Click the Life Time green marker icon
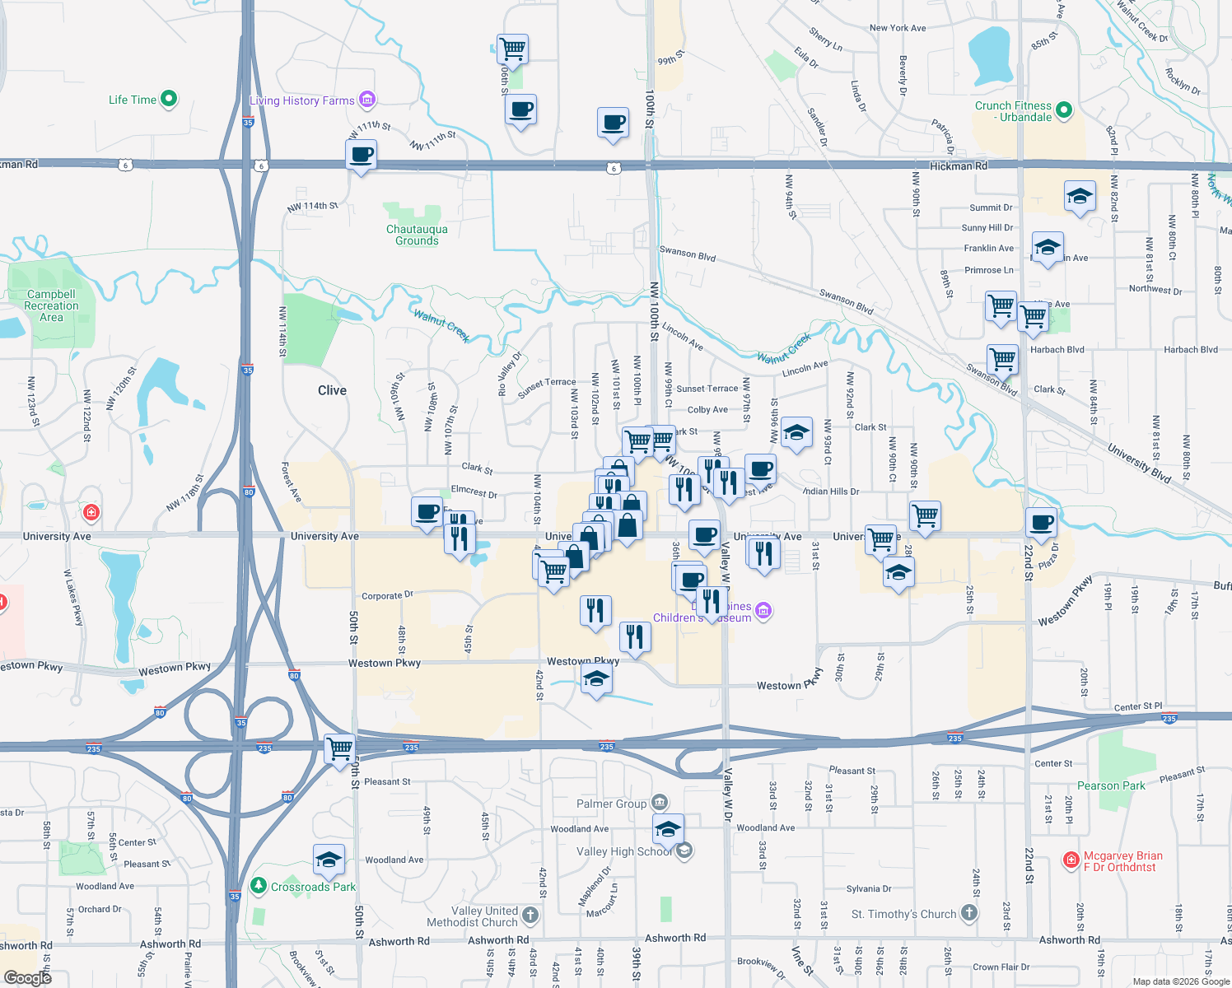tap(169, 99)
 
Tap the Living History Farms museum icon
tap(367, 100)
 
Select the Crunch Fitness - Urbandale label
tap(1013, 111)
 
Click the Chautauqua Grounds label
tap(417, 235)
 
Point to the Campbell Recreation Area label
tap(51, 305)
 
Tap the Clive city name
tap(332, 390)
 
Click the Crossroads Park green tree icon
tap(259, 886)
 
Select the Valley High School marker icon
tap(684, 851)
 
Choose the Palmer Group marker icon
tap(659, 803)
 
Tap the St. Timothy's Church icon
tap(969, 913)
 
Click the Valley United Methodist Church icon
tap(530, 915)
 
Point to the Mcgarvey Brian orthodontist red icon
tap(1071, 860)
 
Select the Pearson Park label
tap(1111, 785)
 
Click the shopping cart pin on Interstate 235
tap(339, 749)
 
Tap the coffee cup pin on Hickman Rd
tap(361, 154)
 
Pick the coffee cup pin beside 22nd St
tap(1041, 522)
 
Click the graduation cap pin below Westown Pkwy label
tap(596, 680)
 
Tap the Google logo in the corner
tap(27, 977)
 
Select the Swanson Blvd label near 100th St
tap(687, 254)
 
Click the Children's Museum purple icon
tap(763, 610)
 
